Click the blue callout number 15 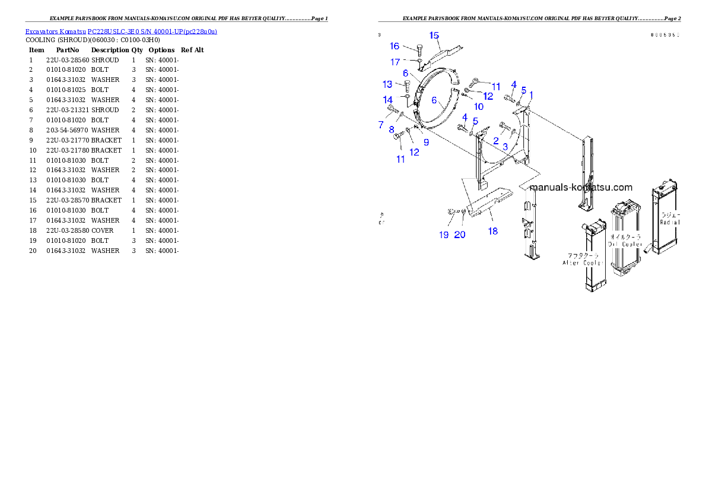tap(434, 35)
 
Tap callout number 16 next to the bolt tap(395, 46)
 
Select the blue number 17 tap(395, 62)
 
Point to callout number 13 tap(387, 84)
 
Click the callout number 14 tap(387, 99)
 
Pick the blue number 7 tap(381, 125)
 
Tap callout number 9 tap(426, 142)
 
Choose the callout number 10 tap(478, 107)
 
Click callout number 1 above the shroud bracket tap(531, 94)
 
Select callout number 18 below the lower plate tap(493, 231)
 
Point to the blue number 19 tap(444, 235)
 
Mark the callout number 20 tap(460, 235)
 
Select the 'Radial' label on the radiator tap(670, 222)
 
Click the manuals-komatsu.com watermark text tap(581, 187)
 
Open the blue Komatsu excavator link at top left tap(121, 31)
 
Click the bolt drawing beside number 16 tap(420, 48)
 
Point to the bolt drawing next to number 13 tap(406, 86)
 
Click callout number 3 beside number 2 tap(505, 146)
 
